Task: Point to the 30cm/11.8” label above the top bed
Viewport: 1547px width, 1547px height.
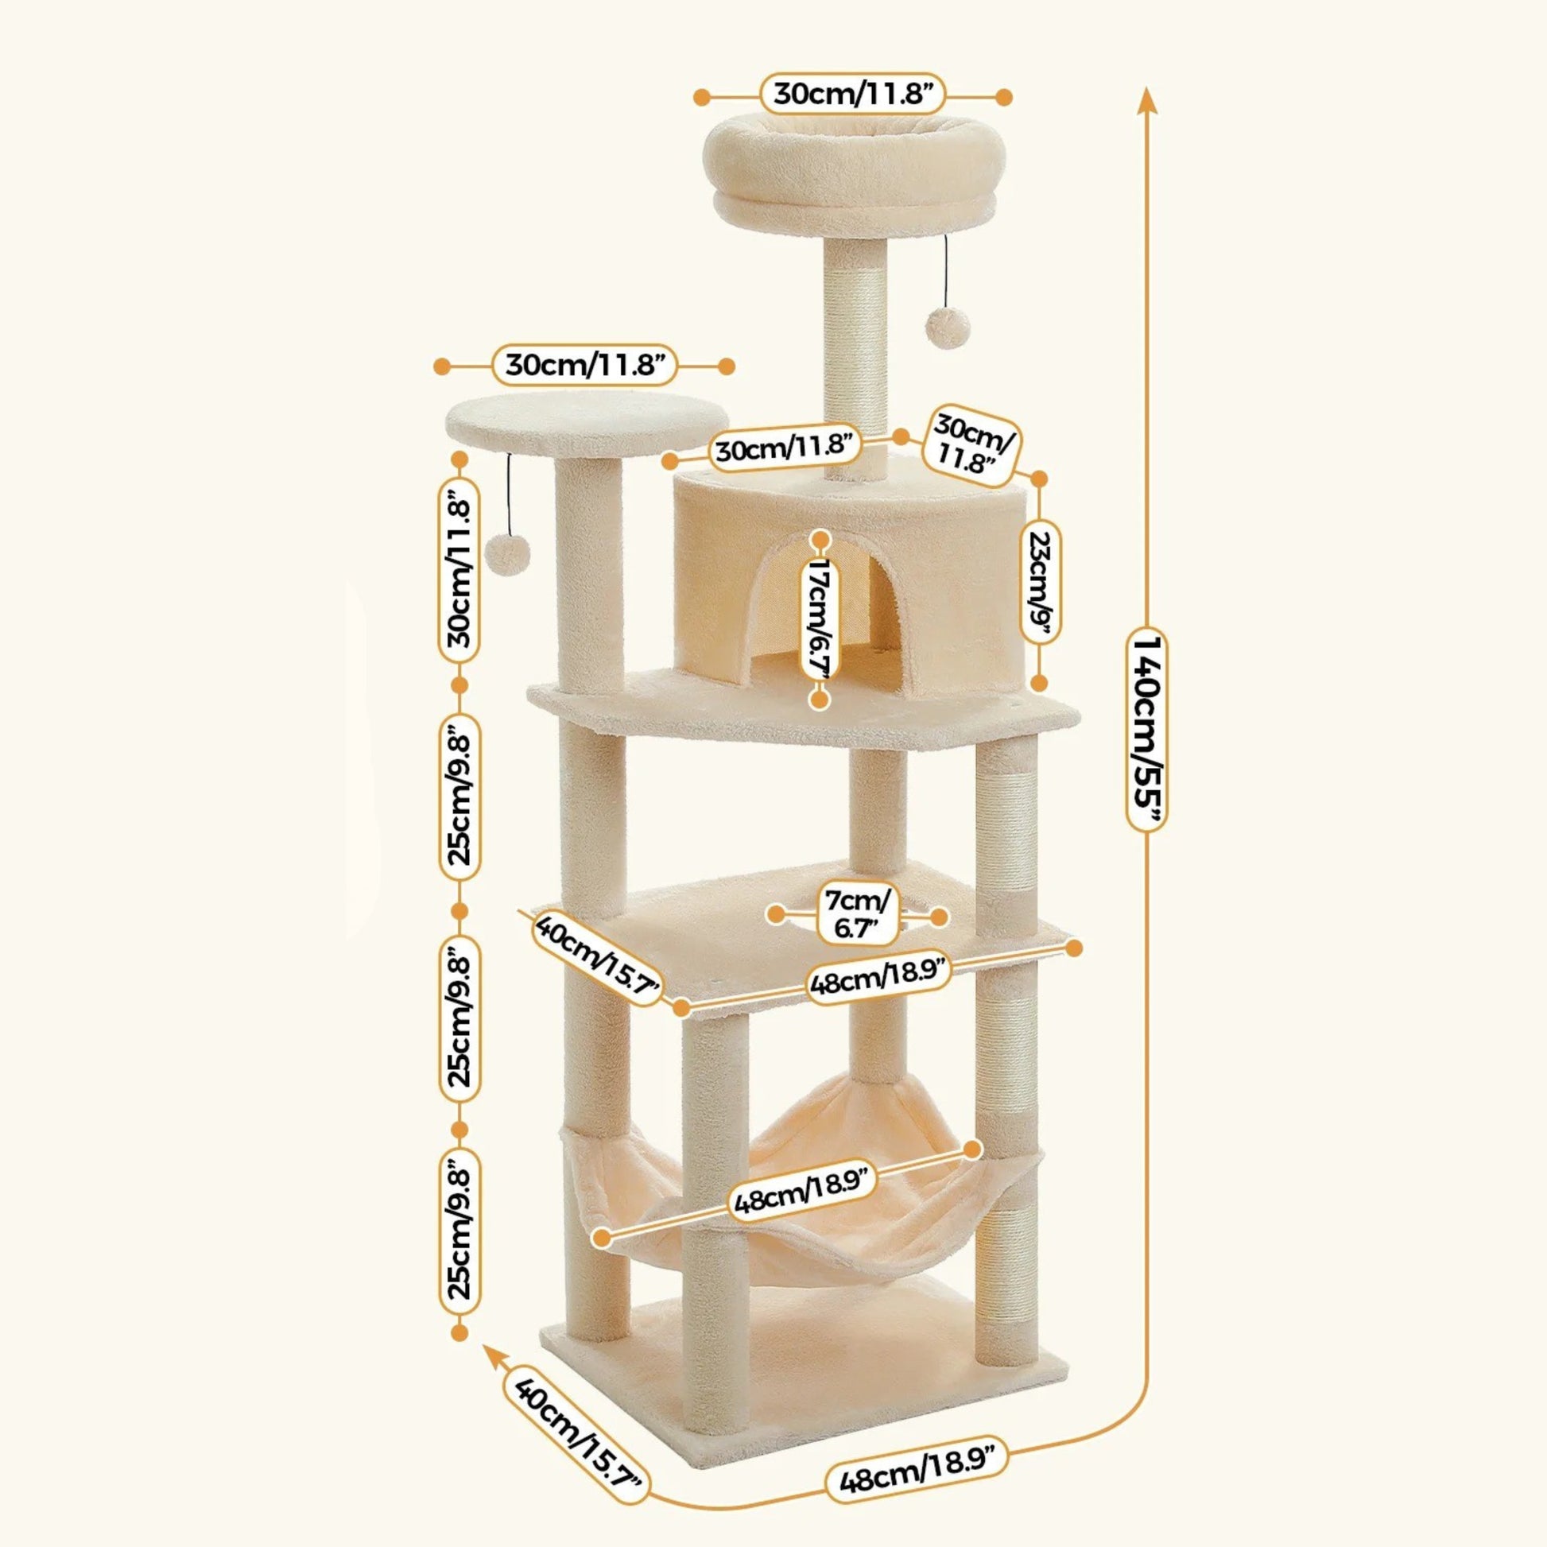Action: pyautogui.click(x=853, y=96)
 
